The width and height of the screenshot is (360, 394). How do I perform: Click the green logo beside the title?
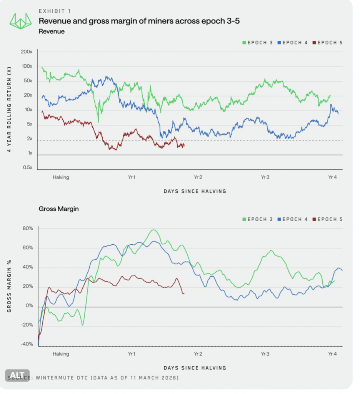point(21,21)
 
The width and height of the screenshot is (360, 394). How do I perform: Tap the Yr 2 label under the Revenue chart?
point(198,177)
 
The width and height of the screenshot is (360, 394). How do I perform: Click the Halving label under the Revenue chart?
point(61,177)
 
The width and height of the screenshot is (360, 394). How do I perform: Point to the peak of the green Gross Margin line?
point(153,230)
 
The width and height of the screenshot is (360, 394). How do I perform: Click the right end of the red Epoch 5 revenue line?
point(184,145)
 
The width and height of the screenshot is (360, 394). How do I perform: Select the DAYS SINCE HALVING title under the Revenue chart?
point(195,191)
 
